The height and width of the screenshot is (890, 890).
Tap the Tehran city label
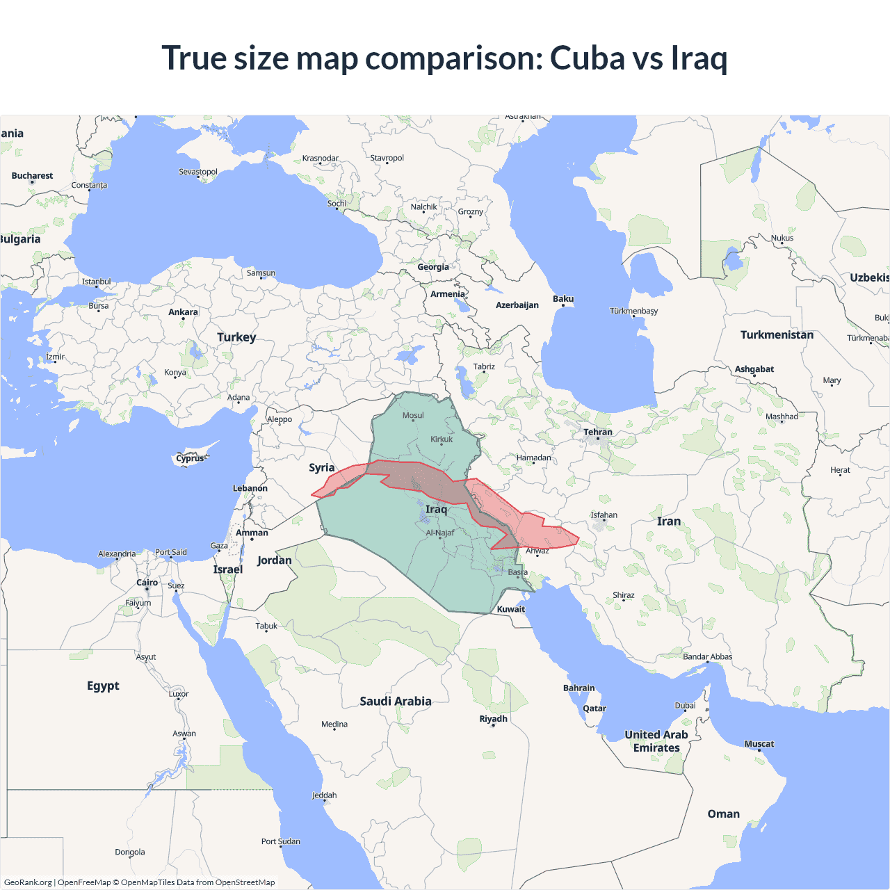coord(598,432)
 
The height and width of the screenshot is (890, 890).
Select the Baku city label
coord(563,299)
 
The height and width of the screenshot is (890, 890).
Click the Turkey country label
coord(236,337)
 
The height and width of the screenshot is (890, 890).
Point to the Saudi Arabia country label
coord(396,701)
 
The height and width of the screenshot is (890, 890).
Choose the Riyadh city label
coord(494,719)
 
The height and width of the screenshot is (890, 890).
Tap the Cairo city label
coord(147,583)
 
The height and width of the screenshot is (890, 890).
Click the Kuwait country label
coord(511,609)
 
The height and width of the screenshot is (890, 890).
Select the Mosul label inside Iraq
coord(413,416)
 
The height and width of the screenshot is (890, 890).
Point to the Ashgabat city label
coord(754,369)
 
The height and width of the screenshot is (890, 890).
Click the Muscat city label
coord(759,744)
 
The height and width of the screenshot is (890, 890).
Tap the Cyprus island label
coord(191,458)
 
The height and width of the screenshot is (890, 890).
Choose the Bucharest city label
coord(32,176)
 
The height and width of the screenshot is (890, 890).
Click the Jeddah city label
coord(324,795)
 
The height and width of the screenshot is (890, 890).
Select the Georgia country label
coord(433,267)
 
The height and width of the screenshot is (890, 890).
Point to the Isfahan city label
coord(604,515)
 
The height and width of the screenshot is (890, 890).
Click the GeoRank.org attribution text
coord(28,882)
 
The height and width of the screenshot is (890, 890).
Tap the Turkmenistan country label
coord(777,335)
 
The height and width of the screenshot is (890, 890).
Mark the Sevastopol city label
coord(198,172)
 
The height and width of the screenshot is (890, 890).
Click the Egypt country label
coord(103,686)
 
